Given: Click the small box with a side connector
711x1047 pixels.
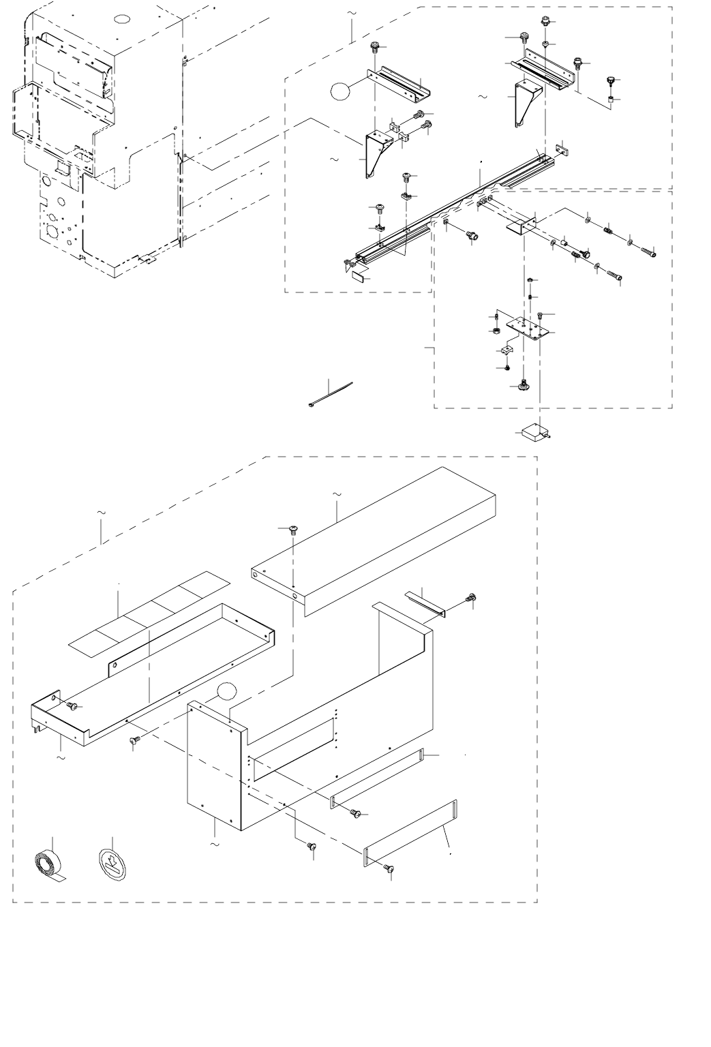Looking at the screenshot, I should (x=534, y=432).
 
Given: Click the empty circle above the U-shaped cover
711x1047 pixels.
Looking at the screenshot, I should (x=228, y=693).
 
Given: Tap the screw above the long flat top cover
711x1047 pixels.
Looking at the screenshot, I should (x=293, y=529).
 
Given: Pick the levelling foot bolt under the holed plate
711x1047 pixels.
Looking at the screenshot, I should (x=524, y=386).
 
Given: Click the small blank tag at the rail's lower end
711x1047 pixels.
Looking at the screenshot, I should (x=360, y=277).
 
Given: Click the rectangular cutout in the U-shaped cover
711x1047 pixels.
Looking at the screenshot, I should (x=293, y=743).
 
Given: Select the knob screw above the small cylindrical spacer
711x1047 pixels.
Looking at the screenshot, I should (x=610, y=82).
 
